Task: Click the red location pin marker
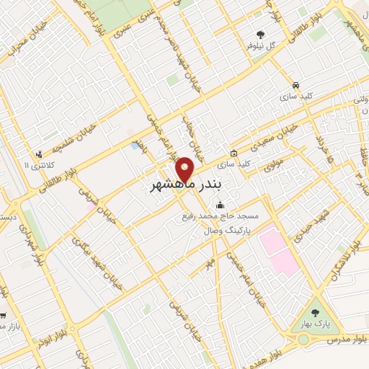tap(186, 169)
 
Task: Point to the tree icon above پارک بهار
tap(314, 312)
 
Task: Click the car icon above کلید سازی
tap(295, 82)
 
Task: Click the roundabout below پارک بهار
tap(314, 332)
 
